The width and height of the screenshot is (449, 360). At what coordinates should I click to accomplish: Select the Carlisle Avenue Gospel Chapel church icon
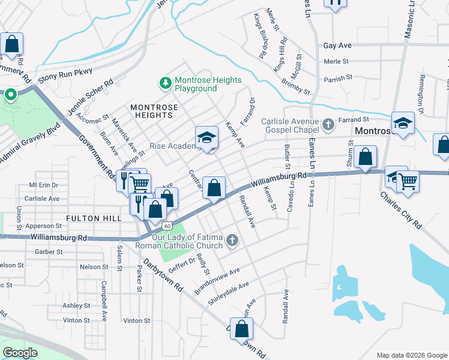328,124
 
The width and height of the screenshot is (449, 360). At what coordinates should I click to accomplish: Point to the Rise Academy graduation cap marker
206,138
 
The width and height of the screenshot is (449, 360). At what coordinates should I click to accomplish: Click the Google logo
20,353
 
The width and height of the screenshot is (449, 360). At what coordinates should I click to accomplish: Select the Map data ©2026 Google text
412,355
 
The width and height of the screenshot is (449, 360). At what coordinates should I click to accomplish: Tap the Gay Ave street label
336,45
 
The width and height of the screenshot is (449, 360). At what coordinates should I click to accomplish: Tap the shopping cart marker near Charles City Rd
408,181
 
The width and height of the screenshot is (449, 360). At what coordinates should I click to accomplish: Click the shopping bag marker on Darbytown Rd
241,329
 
